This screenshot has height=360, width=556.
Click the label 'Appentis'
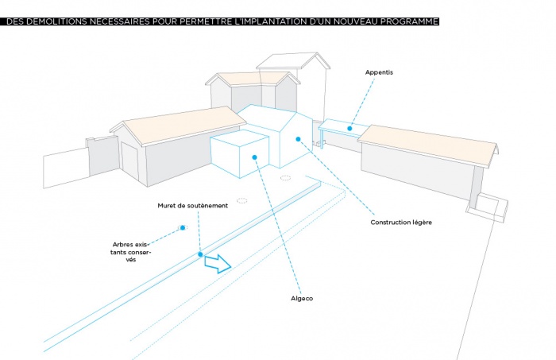[380, 72]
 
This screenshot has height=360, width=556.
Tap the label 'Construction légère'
[400, 222]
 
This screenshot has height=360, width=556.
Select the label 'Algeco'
[303, 298]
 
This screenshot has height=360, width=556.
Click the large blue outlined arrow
[217, 265]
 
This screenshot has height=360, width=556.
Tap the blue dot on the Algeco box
[254, 157]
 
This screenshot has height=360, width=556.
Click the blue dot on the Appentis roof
[349, 127]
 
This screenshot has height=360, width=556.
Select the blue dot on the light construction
[299, 140]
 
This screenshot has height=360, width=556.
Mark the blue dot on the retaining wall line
[200, 254]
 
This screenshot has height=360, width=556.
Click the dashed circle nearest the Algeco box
[285, 178]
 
